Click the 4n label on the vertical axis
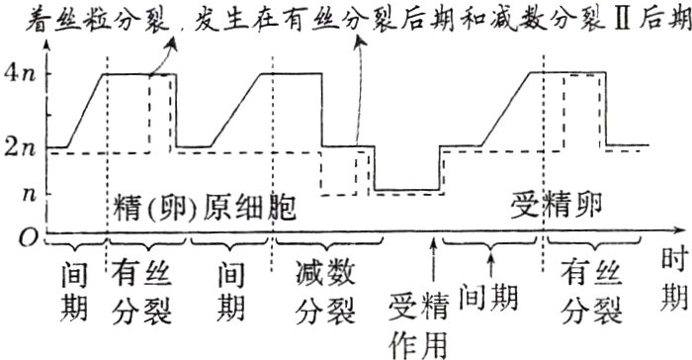[22, 73]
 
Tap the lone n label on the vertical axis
[28, 195]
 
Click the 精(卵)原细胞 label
[205, 210]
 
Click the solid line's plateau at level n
[405, 189]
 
